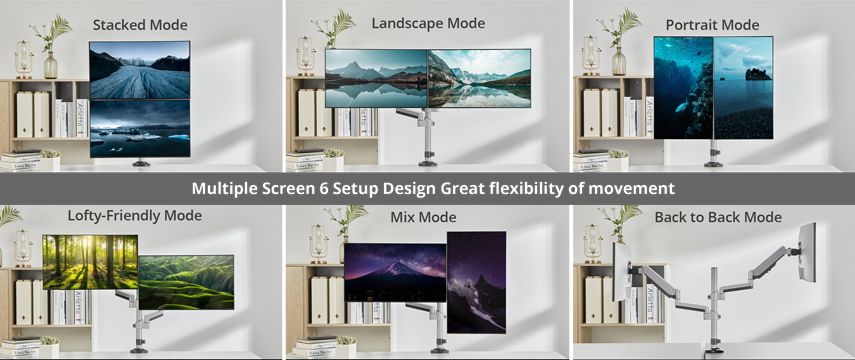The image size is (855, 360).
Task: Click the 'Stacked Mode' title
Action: pos(140,25)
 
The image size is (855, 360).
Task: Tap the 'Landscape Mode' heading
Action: pos(428,23)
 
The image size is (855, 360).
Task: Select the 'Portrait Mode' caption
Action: pos(712,25)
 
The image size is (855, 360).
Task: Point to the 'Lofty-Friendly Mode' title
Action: pos(135,215)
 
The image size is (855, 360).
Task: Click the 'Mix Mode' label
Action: pos(423,217)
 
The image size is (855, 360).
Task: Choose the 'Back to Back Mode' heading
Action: pos(718,217)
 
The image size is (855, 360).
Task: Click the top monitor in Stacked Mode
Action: pos(140,70)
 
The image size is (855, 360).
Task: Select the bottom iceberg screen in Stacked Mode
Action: pos(140,129)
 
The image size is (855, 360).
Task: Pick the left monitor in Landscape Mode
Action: pos(376,79)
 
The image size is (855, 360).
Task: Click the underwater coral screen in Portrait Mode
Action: pos(683,88)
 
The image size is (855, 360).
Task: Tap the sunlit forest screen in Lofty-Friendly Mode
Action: pos(90,262)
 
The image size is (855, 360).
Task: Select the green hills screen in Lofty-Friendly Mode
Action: pos(186,282)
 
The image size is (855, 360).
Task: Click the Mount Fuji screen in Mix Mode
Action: pos(395,272)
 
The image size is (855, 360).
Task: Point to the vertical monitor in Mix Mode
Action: pos(477,282)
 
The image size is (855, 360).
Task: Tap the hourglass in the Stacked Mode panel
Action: pos(23,59)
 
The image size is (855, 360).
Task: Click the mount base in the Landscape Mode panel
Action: pos(428,163)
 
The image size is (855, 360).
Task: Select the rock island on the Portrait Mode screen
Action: pos(758,74)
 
